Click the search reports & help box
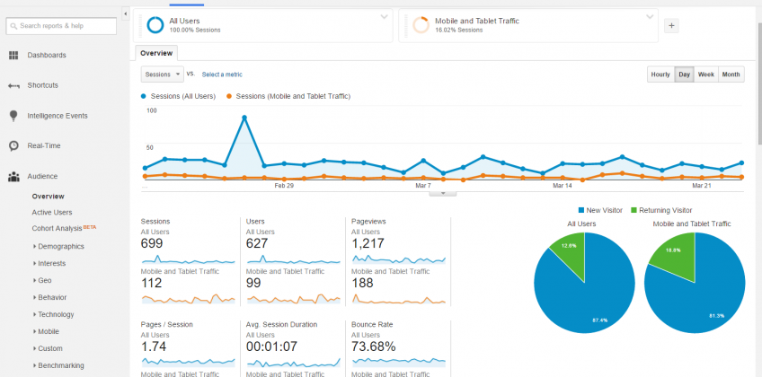[x=61, y=26]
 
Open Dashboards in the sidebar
[x=46, y=56]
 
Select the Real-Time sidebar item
[x=43, y=145]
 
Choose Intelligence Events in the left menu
[x=57, y=116]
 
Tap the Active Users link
[x=52, y=213]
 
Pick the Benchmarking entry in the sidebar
[x=61, y=365]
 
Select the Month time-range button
[x=731, y=75]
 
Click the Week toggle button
[x=706, y=75]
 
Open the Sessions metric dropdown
[x=162, y=75]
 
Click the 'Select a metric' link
[x=222, y=75]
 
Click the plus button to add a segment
[x=671, y=26]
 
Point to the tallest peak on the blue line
[x=244, y=117]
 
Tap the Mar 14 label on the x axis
[x=563, y=186]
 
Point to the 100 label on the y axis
[x=151, y=110]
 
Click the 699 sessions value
[x=152, y=243]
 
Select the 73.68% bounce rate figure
[x=374, y=346]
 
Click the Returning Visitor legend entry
[x=664, y=210]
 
